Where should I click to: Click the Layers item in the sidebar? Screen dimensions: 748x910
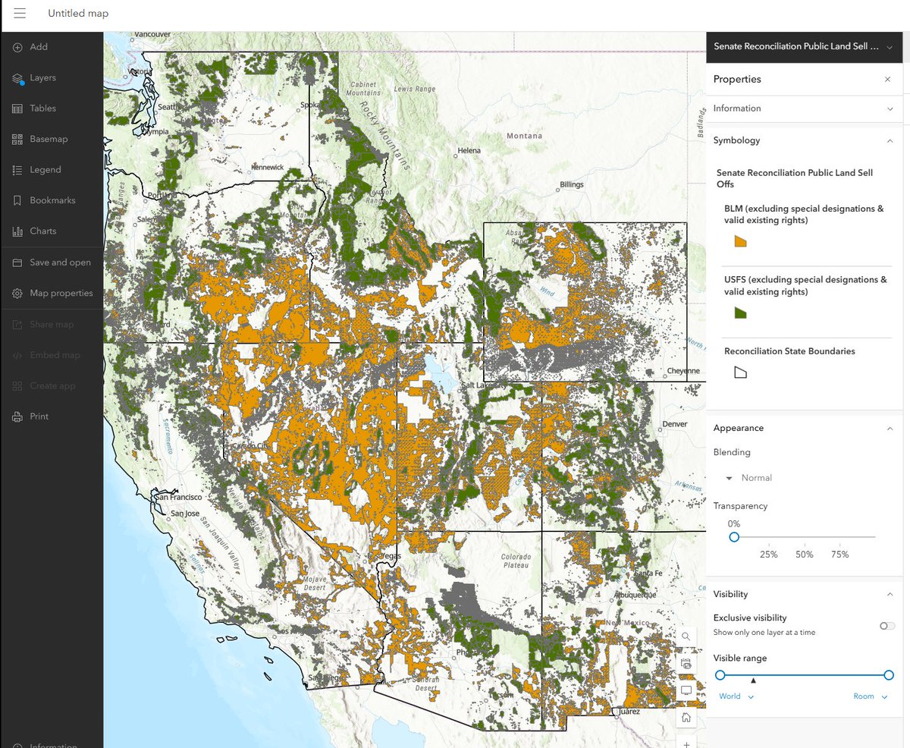[x=42, y=78]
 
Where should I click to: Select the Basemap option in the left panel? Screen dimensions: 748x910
[x=49, y=140]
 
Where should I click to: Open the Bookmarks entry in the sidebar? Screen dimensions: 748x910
[x=52, y=201]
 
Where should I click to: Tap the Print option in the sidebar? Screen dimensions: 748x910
[x=39, y=416]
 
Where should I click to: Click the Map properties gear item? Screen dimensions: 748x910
[x=61, y=294]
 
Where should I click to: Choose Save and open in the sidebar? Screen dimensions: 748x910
[x=60, y=262]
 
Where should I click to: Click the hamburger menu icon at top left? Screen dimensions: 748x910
[x=20, y=14]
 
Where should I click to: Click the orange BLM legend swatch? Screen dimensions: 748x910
[x=741, y=241]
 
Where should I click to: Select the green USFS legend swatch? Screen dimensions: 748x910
[x=741, y=313]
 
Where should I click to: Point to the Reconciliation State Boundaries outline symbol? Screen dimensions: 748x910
[x=741, y=372]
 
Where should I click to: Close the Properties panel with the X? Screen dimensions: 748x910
[x=887, y=80]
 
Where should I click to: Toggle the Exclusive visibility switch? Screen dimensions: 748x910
[x=886, y=626]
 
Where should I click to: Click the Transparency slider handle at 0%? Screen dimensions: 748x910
[x=733, y=537]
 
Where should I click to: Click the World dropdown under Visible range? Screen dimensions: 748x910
[x=736, y=696]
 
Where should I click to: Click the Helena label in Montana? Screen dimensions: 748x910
[x=469, y=150]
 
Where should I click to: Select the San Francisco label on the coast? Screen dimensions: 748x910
[x=180, y=498]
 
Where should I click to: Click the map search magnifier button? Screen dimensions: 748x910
[x=686, y=636]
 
